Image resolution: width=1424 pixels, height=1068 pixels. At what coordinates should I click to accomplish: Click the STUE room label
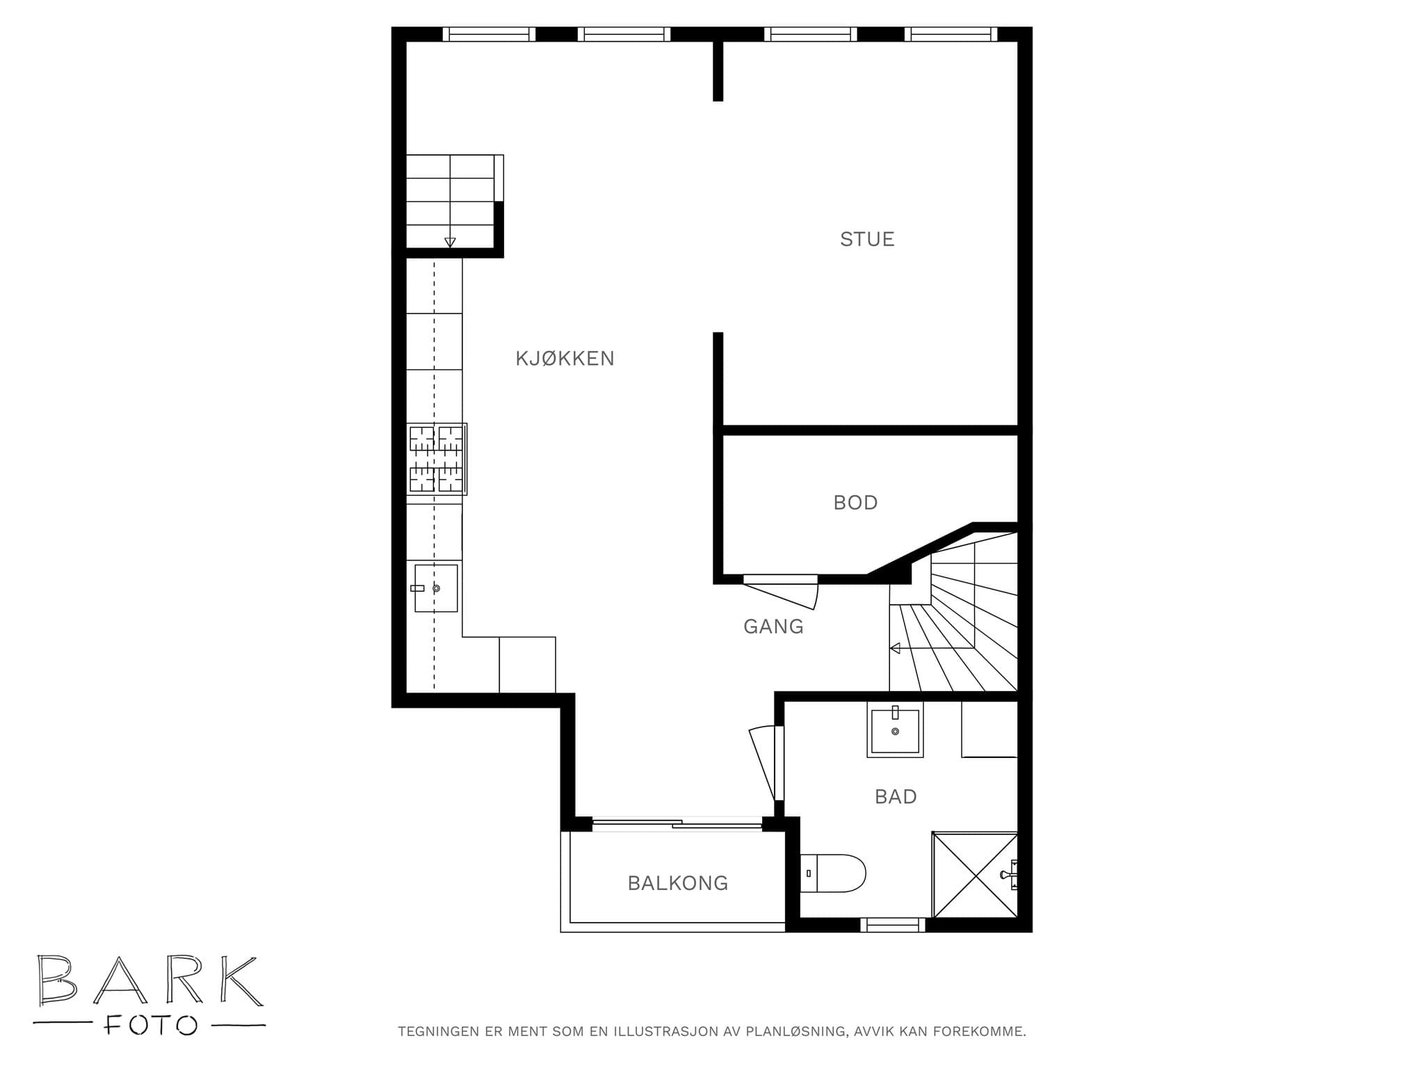click(866, 239)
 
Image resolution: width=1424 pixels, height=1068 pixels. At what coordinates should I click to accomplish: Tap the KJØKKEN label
click(565, 359)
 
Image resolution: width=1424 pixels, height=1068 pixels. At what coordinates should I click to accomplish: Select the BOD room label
click(855, 503)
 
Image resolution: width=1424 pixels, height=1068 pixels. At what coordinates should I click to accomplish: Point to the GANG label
click(773, 626)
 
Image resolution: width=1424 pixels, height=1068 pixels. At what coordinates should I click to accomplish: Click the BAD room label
click(896, 796)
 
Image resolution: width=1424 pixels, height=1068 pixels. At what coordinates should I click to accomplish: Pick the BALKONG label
click(678, 883)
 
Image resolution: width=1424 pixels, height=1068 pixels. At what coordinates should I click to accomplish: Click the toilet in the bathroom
click(833, 873)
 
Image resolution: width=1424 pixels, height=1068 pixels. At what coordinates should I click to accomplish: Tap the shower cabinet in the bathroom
click(975, 875)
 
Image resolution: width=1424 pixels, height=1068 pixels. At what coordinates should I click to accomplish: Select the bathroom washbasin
click(895, 729)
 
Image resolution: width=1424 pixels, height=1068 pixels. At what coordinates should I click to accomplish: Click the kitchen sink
click(436, 588)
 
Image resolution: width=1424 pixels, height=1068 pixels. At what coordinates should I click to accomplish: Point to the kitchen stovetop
click(437, 459)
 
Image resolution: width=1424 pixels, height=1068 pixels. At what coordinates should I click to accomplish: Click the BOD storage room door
click(781, 591)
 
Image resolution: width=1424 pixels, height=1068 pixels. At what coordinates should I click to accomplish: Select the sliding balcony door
click(677, 824)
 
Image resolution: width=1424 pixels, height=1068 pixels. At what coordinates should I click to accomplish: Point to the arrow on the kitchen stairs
click(450, 242)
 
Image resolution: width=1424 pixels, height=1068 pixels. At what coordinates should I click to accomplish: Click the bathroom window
click(893, 925)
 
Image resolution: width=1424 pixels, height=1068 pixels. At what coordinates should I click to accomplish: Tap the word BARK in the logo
click(150, 980)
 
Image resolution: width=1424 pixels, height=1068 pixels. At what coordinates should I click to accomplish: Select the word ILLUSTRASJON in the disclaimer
click(665, 1051)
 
